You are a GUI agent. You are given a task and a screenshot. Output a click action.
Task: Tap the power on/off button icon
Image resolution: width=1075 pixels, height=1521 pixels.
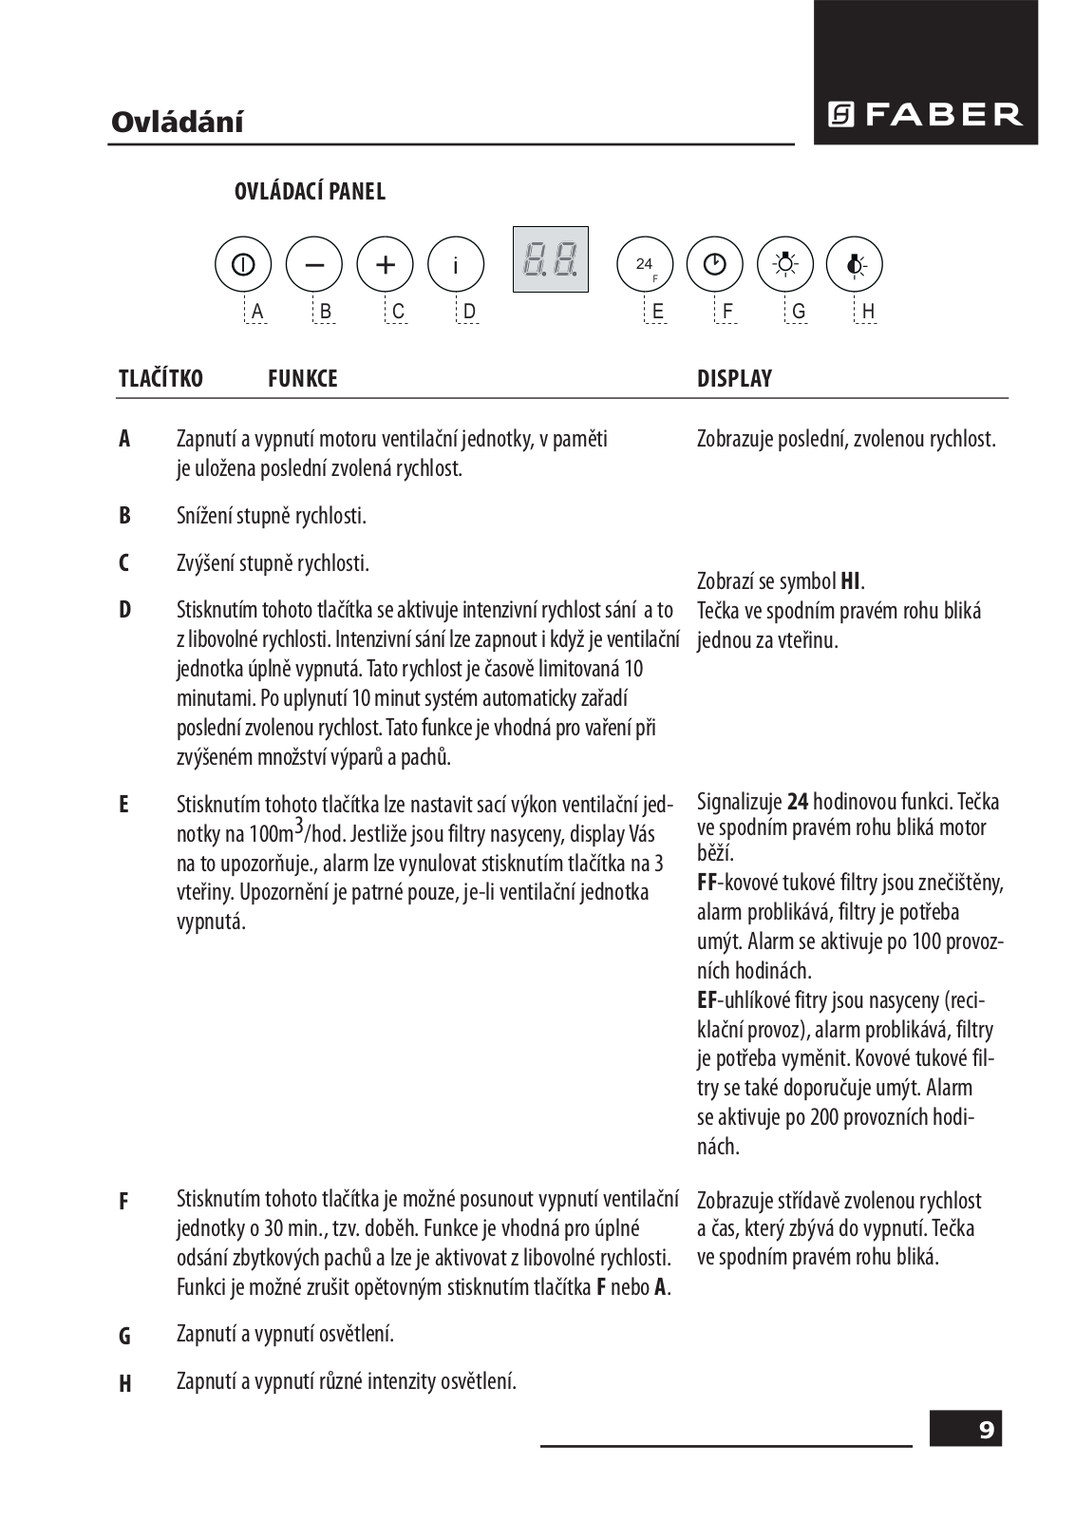point(243,265)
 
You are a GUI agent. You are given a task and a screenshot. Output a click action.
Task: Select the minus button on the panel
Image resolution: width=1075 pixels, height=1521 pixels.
point(314,265)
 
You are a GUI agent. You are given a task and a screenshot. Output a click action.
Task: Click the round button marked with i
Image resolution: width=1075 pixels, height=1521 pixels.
point(456,265)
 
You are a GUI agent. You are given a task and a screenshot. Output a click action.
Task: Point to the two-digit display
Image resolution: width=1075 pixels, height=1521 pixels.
point(550,259)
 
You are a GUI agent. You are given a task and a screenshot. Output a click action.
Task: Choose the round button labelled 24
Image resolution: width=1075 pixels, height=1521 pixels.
point(646,265)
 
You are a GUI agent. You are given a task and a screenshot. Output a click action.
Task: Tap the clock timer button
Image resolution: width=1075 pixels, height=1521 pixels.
point(715,265)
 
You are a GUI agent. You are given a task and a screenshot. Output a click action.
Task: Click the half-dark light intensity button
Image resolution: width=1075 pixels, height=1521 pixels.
point(855,265)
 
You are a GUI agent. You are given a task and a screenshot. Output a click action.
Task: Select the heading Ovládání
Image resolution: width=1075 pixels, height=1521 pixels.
point(177,123)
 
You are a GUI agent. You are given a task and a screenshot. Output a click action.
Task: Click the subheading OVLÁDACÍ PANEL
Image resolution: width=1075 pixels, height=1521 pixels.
point(310,192)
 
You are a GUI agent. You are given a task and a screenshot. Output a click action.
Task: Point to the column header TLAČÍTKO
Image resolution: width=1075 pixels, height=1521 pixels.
point(160,379)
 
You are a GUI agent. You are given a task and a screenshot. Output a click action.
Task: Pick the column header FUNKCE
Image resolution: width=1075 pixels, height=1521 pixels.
point(302,379)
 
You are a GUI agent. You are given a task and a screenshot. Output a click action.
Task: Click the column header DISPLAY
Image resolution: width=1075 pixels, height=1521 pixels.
point(734,379)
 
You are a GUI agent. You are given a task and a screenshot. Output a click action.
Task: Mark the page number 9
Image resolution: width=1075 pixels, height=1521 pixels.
point(986,1430)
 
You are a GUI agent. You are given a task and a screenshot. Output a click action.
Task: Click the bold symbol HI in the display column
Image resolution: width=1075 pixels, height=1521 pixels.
point(851,581)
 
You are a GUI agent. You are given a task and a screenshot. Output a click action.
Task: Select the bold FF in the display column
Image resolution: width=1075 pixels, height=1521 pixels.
point(707,883)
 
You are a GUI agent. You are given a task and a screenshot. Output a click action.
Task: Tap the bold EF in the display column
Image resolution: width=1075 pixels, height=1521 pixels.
point(707,1000)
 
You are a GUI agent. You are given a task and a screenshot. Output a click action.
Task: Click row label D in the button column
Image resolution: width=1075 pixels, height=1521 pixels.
point(124,610)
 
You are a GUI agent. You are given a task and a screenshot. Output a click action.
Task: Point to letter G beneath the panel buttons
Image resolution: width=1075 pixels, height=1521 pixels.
point(798,312)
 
